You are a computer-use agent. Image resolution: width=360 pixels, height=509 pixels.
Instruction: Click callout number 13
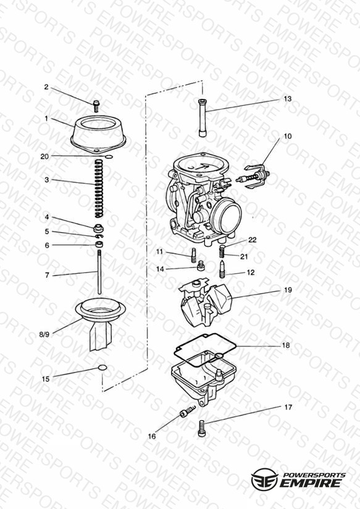click(288, 99)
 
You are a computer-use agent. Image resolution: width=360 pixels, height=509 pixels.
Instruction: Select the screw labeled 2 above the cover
click(96, 106)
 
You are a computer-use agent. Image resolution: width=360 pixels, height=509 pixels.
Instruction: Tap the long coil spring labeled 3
click(99, 188)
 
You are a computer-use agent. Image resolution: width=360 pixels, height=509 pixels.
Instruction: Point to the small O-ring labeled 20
click(109, 157)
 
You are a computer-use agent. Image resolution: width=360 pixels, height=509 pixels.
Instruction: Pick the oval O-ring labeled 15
click(103, 368)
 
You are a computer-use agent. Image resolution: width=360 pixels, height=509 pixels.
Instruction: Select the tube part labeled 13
click(203, 118)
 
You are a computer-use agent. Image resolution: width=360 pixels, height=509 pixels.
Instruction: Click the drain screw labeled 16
click(188, 411)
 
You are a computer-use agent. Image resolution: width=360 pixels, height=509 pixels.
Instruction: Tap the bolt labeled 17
click(201, 428)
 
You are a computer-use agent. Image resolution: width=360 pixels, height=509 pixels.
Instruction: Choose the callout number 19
click(288, 290)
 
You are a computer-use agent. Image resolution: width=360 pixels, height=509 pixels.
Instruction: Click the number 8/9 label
click(44, 334)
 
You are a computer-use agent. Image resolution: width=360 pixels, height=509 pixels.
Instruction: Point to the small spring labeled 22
click(222, 250)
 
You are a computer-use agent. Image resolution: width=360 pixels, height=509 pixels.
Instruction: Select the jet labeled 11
click(193, 255)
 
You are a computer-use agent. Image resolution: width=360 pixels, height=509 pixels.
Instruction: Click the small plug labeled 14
click(201, 266)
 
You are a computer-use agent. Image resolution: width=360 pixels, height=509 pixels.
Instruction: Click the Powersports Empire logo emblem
click(264, 479)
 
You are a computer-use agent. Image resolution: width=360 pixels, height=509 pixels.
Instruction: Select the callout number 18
click(286, 345)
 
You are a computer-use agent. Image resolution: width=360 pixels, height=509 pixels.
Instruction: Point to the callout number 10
click(288, 136)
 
